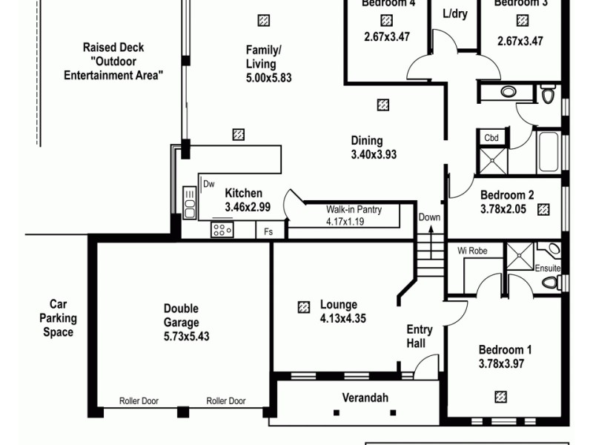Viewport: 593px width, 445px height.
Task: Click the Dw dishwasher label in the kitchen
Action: click(x=209, y=183)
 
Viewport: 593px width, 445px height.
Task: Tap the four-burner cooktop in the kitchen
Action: click(x=222, y=230)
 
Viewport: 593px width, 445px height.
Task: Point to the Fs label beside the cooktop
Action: click(x=268, y=231)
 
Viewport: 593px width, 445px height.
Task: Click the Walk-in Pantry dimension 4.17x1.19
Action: click(x=354, y=220)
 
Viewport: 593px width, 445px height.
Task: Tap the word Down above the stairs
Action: click(x=429, y=217)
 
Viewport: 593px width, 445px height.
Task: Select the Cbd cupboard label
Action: click(x=491, y=138)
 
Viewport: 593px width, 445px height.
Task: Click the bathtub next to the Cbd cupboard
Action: click(x=550, y=152)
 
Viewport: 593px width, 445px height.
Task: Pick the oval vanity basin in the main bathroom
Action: click(x=508, y=92)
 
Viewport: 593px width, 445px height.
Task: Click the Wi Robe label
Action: click(x=472, y=251)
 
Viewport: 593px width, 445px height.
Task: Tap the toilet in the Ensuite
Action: click(x=550, y=282)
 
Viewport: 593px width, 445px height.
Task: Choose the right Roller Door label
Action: click(x=226, y=401)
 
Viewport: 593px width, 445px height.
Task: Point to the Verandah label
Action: click(x=365, y=398)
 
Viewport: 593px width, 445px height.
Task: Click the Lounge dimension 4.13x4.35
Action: click(x=343, y=319)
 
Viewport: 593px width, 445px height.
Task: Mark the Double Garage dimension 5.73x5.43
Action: click(x=181, y=336)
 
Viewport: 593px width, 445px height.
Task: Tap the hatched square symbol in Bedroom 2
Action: click(x=543, y=210)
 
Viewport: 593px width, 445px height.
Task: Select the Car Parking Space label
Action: click(x=58, y=317)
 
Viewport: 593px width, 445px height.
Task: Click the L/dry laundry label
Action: click(x=454, y=14)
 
